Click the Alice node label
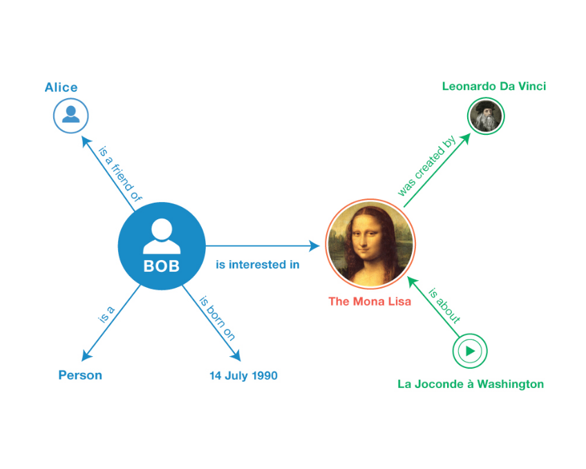tap(61, 87)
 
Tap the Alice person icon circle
tap(71, 116)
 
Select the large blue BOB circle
tap(162, 246)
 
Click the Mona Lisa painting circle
tap(370, 244)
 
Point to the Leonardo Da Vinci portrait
tap(486, 116)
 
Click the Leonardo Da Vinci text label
tap(493, 86)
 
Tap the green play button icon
tap(470, 351)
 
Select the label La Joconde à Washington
tap(470, 384)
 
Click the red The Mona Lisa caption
tap(370, 301)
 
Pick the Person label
tap(80, 376)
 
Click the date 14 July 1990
tap(243, 376)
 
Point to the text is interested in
tap(257, 264)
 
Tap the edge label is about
tap(444, 305)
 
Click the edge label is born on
tap(217, 318)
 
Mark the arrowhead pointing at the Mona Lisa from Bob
tap(315, 246)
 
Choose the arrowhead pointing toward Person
tap(86, 356)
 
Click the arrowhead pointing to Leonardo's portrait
tap(465, 138)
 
